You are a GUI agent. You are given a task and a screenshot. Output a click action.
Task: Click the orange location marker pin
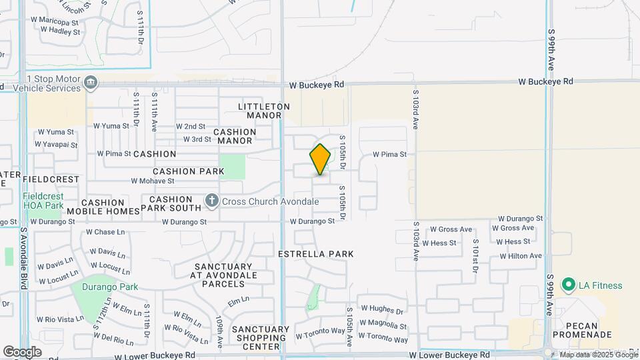[320, 159]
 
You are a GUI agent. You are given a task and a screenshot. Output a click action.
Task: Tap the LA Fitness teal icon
[569, 285]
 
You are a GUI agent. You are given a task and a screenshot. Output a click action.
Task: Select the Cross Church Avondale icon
[212, 201]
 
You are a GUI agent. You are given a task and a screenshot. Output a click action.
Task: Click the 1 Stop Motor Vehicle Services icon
[91, 83]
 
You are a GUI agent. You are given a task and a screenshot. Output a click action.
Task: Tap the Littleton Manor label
[264, 111]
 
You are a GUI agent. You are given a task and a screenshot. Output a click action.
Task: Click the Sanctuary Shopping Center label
[261, 338]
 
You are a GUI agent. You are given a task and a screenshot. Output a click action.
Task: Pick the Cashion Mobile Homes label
[103, 207]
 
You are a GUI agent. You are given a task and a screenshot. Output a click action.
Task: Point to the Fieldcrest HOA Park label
[43, 201]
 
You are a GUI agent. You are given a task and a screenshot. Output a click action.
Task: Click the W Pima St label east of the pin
[389, 155]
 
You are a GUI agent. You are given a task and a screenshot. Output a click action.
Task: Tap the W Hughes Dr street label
[382, 310]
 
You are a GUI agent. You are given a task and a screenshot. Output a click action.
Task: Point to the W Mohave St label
[153, 181]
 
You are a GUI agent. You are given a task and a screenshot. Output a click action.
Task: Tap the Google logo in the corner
[22, 351]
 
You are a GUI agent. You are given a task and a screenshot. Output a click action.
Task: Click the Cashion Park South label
[175, 205]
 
